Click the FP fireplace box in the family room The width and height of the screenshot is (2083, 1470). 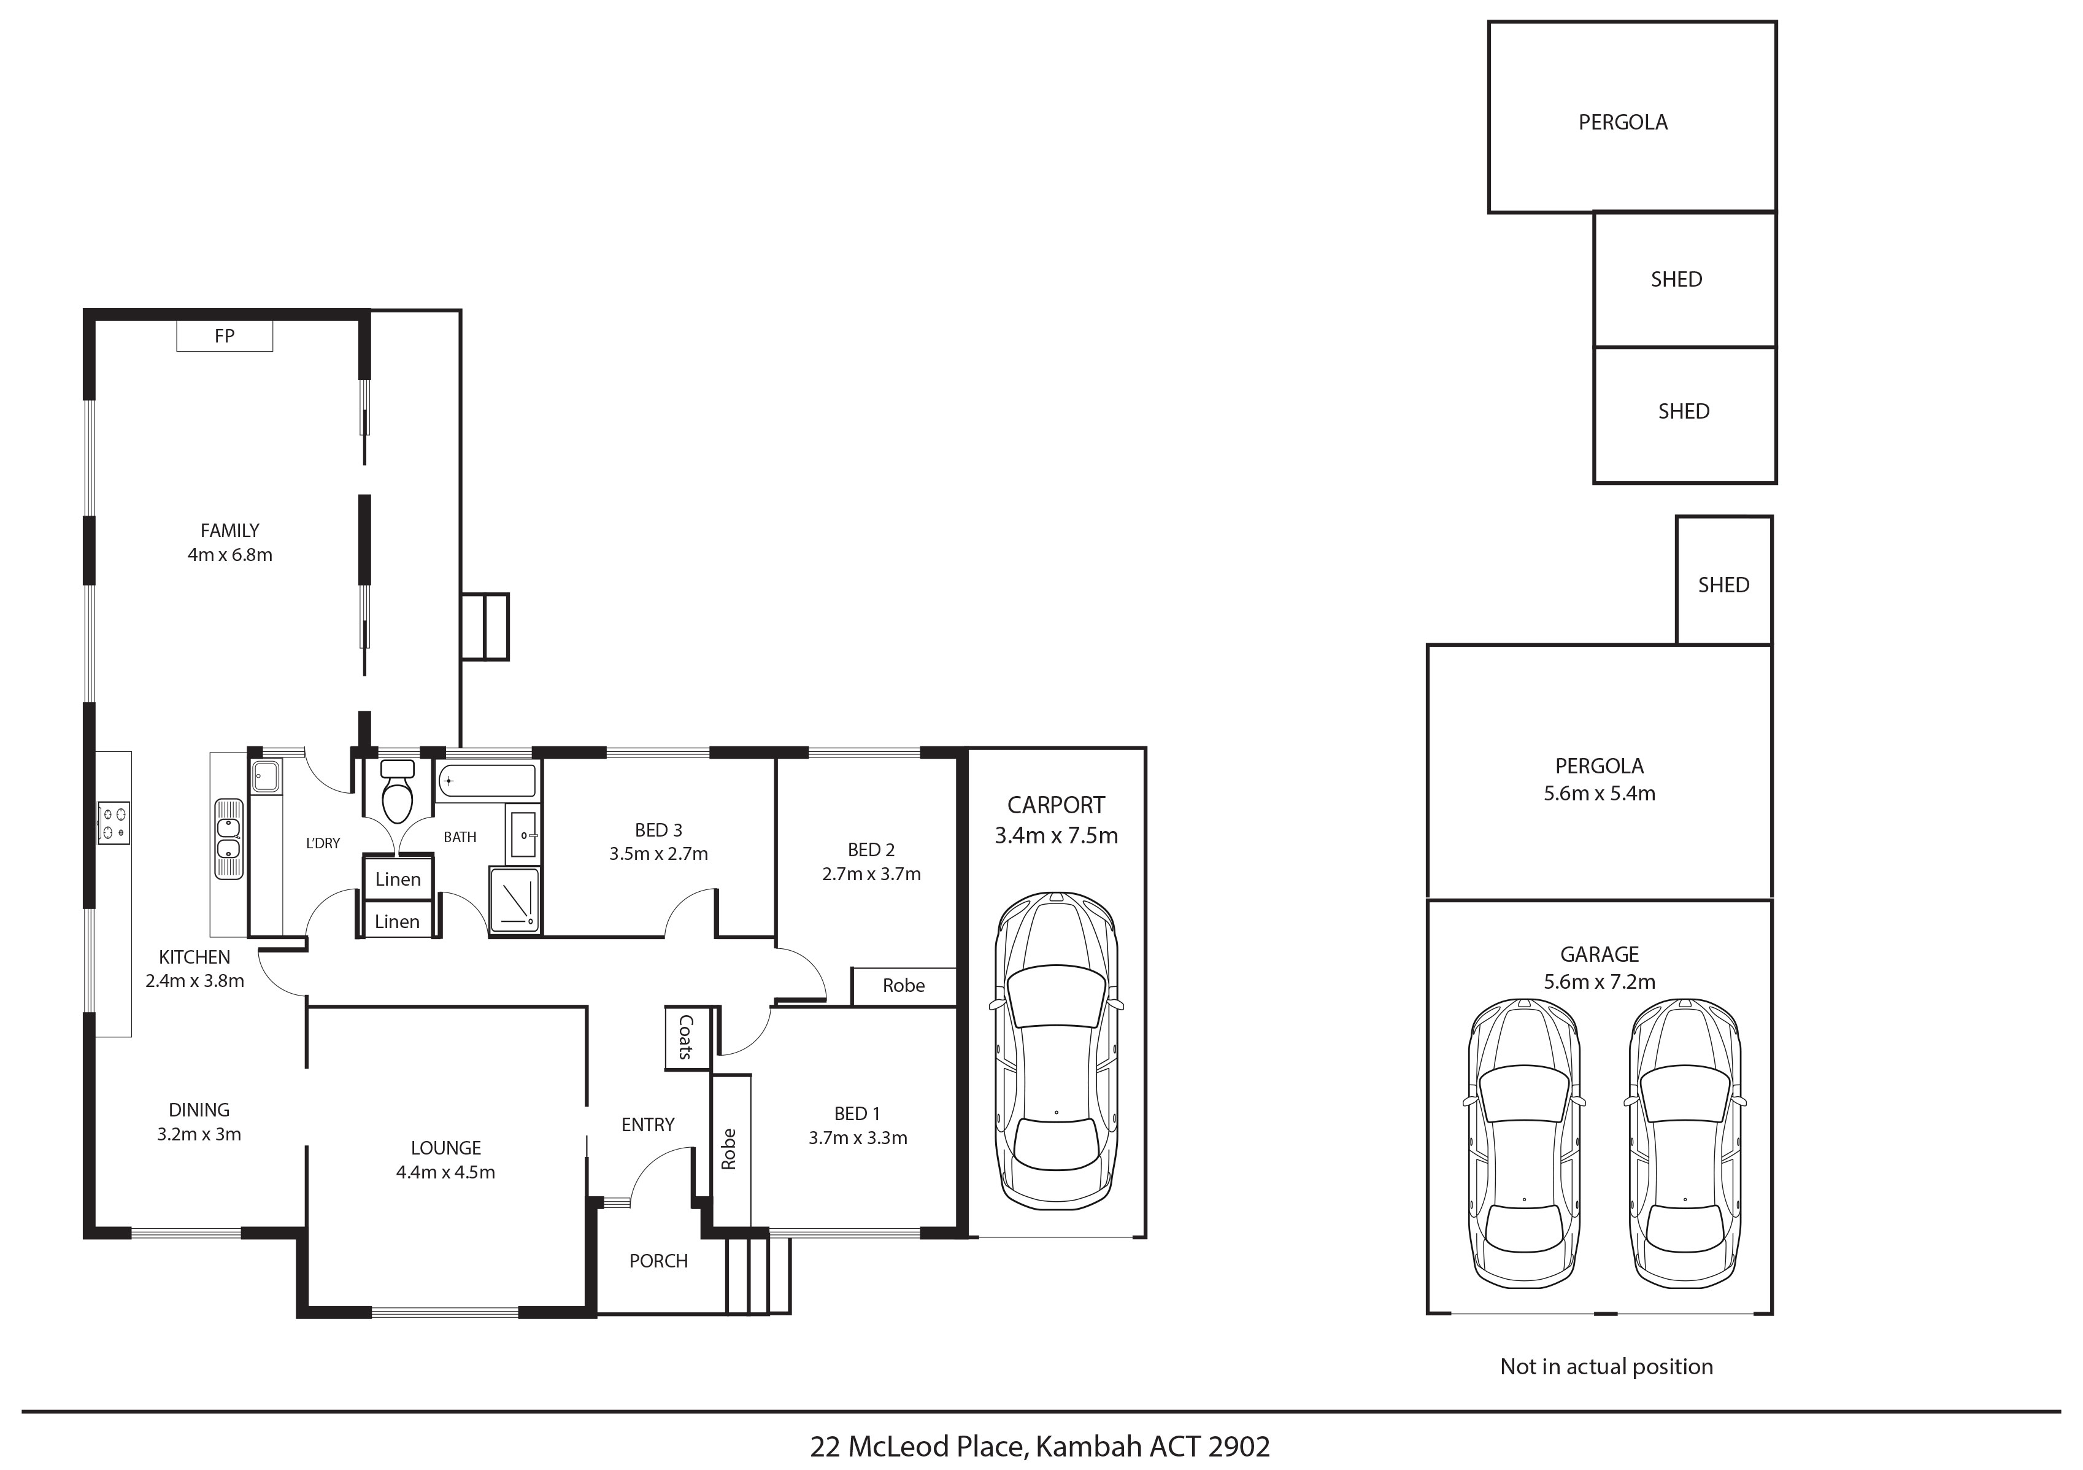(224, 336)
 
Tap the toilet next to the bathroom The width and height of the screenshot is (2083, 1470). (398, 791)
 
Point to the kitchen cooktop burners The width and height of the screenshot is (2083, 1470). (114, 824)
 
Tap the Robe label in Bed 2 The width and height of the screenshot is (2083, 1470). (904, 986)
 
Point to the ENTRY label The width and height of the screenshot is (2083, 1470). (648, 1124)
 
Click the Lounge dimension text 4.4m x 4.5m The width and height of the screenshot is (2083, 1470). (445, 1172)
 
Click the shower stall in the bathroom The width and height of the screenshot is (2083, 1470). (514, 899)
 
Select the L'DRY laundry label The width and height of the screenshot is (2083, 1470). (323, 843)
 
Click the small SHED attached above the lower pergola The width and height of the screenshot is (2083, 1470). (1723, 581)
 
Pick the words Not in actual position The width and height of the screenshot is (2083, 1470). (1607, 1366)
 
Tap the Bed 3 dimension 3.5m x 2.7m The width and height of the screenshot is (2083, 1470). (659, 853)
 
